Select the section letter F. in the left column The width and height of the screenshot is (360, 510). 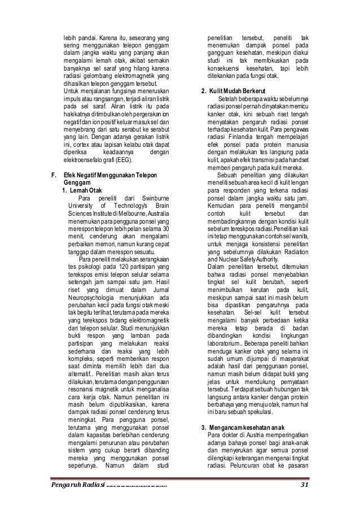[54, 176]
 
